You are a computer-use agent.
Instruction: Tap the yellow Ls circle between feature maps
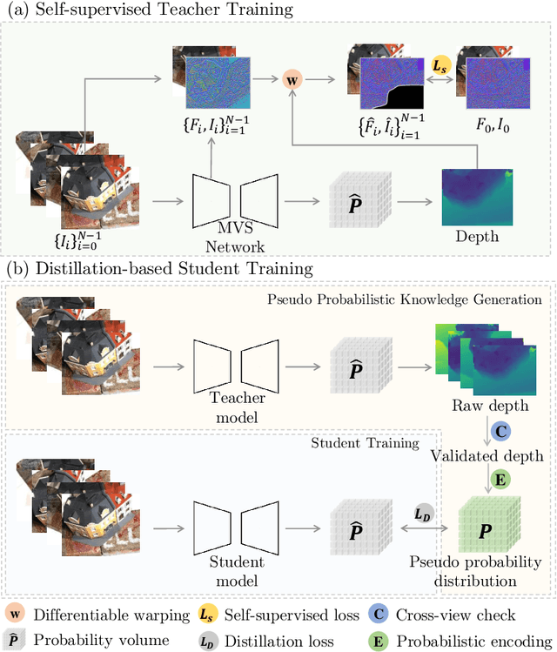pyautogui.click(x=441, y=65)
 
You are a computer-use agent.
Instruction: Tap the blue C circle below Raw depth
pyautogui.click(x=500, y=431)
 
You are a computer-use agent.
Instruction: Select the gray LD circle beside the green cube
pyautogui.click(x=421, y=515)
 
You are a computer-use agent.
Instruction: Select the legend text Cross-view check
pyautogui.click(x=454, y=615)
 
